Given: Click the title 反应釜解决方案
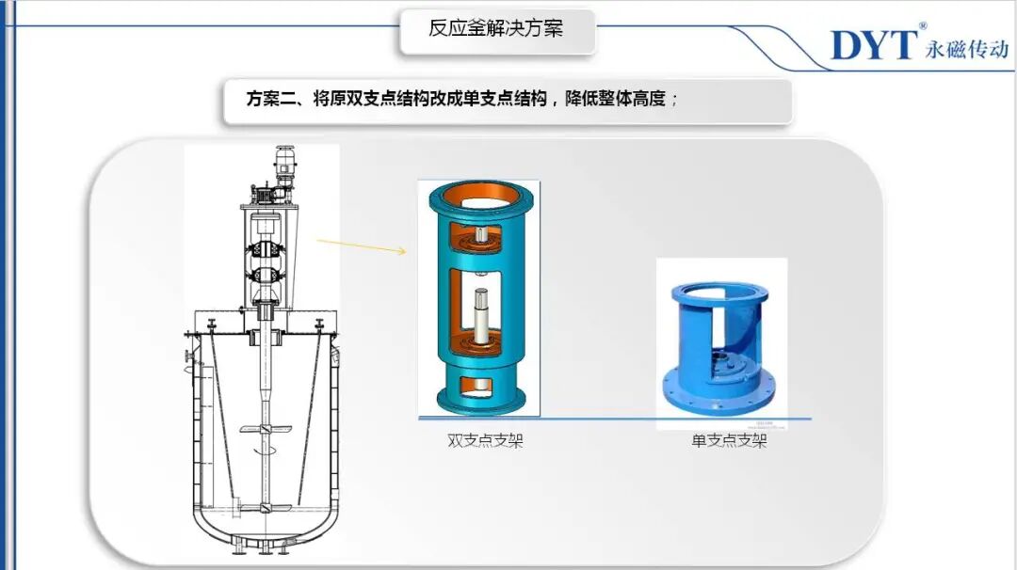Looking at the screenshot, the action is click(x=495, y=28).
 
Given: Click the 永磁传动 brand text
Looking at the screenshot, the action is click(x=967, y=49).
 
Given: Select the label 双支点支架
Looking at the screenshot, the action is click(x=485, y=440).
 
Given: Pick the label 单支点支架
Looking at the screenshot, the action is click(x=729, y=440).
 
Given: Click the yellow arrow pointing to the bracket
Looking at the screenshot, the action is click(x=362, y=245).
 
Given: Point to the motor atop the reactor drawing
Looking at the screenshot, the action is click(x=284, y=166).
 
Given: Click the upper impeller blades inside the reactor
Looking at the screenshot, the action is click(x=266, y=429).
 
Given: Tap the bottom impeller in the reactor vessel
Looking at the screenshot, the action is click(x=265, y=509).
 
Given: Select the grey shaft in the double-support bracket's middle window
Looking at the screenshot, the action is click(x=480, y=316).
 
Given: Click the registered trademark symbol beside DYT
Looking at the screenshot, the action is click(x=922, y=26).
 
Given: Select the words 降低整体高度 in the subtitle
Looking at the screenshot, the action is click(x=616, y=99).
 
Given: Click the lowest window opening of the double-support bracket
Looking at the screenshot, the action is click(x=480, y=385).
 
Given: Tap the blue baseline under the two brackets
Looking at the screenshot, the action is click(x=615, y=419).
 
